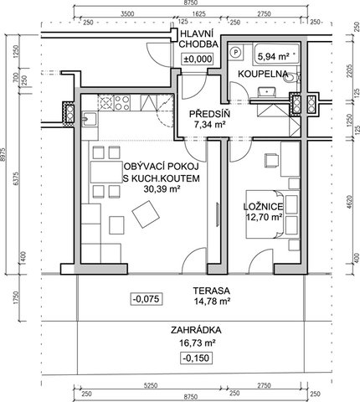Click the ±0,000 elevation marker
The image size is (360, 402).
[198, 59]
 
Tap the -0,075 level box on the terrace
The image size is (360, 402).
[147, 299]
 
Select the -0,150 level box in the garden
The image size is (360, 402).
[197, 358]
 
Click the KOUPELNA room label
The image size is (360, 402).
[263, 74]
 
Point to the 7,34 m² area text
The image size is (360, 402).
[210, 124]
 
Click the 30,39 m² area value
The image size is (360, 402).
[162, 189]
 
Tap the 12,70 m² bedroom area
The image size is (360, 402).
[264, 217]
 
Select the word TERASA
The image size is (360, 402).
[212, 291]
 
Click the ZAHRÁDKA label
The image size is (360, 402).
[196, 330]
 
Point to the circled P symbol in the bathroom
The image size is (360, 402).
[236, 52]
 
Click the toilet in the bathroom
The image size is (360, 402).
[292, 78]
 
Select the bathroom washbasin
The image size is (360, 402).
[267, 91]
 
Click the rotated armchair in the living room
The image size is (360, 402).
[146, 214]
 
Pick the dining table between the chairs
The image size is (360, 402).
[106, 172]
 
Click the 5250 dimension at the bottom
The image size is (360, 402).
[151, 385]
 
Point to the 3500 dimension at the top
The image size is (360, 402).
[127, 14]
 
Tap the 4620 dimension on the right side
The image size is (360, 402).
[351, 203]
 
